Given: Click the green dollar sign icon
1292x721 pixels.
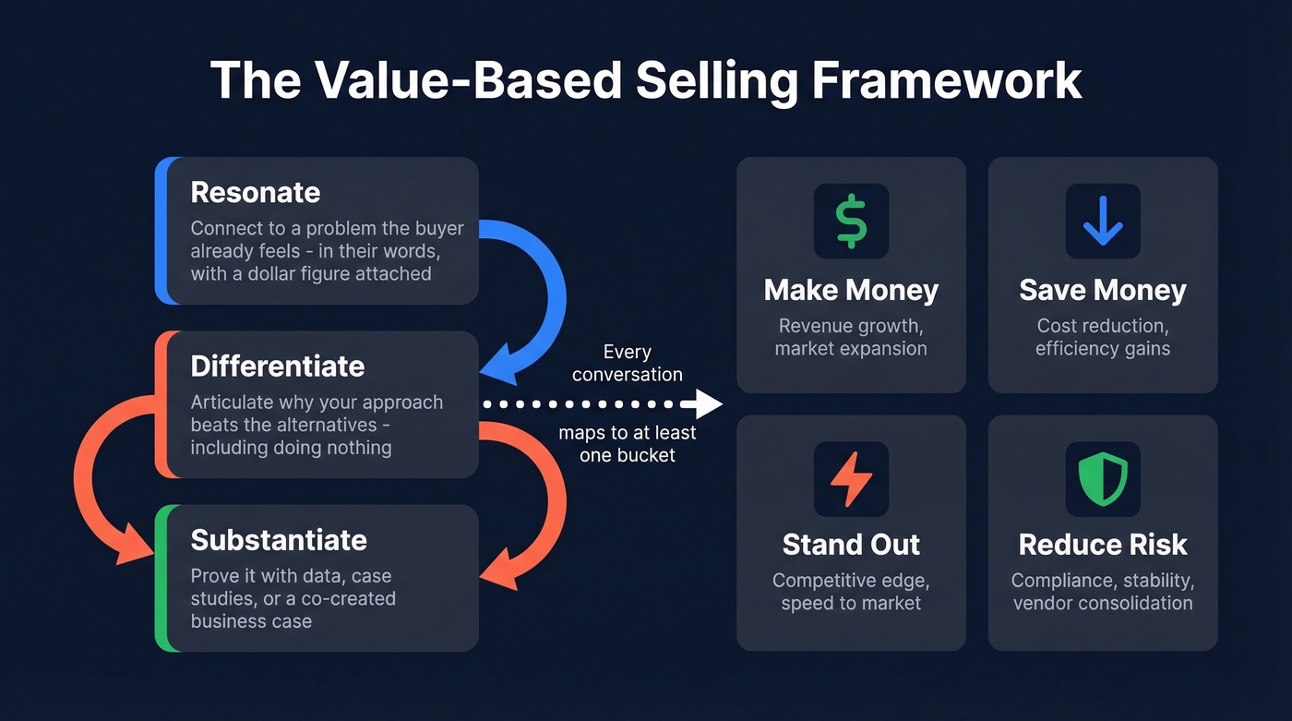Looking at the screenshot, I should (851, 221).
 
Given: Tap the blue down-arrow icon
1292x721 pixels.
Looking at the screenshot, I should (1103, 221).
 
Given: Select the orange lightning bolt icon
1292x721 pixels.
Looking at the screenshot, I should (851, 478).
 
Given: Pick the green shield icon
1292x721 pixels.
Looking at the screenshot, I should (1103, 478).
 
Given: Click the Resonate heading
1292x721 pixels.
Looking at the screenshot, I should (256, 192).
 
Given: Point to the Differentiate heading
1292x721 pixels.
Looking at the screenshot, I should (277, 366).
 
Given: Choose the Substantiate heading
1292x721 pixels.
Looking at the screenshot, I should (279, 539).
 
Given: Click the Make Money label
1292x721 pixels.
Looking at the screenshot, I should (851, 290).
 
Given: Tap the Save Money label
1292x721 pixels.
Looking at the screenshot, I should (1103, 290).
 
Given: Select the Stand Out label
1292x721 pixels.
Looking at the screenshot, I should (851, 545).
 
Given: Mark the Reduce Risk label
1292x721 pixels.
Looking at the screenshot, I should (1103, 545).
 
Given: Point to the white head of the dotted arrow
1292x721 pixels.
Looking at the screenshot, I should (709, 403).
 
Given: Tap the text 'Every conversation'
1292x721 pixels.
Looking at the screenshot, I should (628, 363).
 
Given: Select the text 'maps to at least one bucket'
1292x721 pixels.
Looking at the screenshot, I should (628, 443).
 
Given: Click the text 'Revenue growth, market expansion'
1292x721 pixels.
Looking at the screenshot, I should (851, 337).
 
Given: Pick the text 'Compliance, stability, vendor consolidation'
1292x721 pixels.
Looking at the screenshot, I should (1103, 592).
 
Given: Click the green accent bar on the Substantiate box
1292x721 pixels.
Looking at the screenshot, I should (161, 578).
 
